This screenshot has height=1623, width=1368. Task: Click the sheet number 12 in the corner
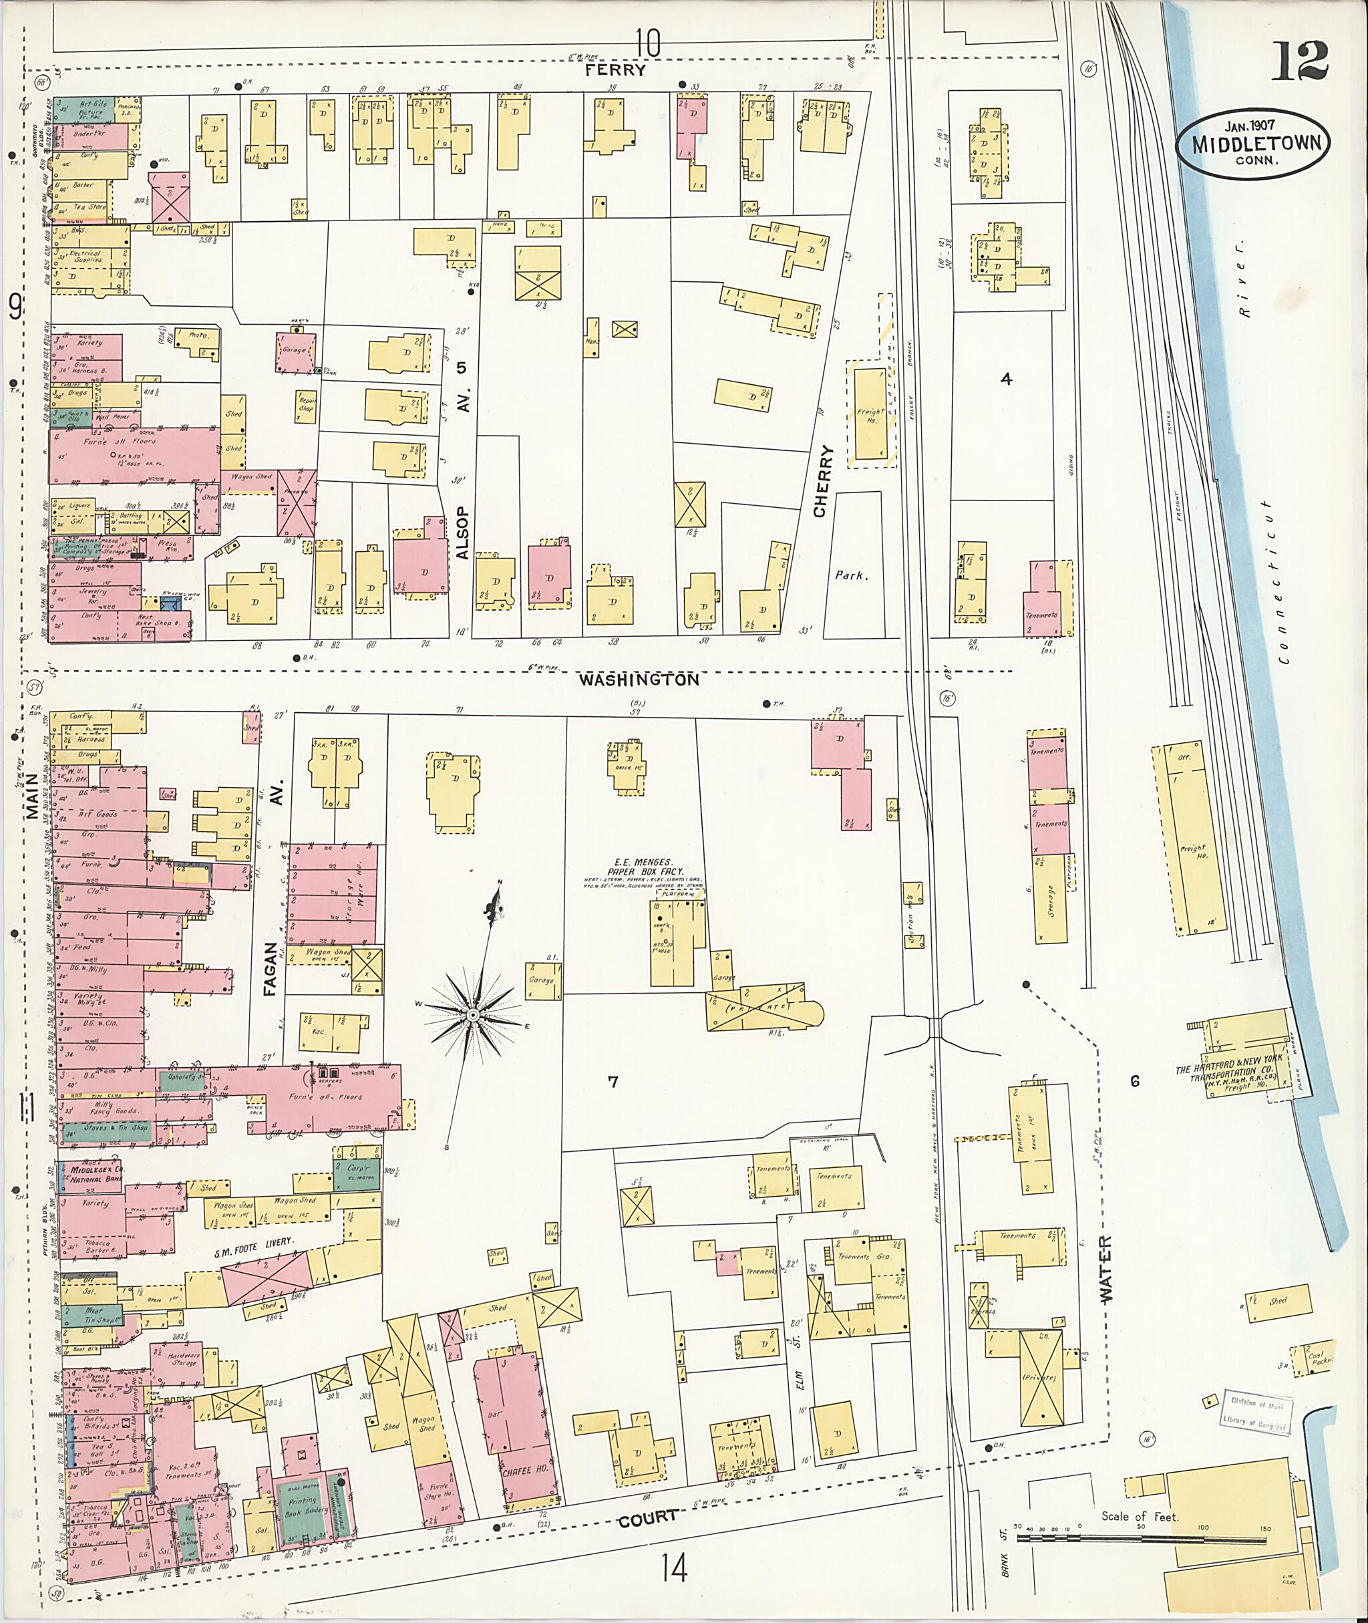tap(1300, 61)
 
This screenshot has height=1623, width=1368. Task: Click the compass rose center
tap(472, 1015)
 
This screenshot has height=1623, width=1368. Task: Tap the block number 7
tap(613, 1082)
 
